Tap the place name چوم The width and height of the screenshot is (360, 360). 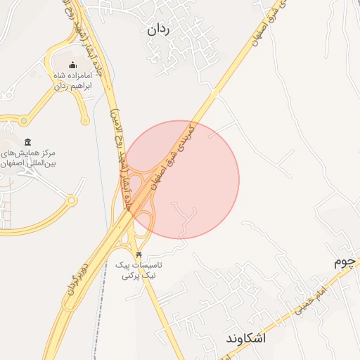tap(346, 262)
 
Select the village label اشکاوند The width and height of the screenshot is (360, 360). tap(246, 338)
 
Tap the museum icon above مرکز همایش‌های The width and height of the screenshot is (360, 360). tap(28, 142)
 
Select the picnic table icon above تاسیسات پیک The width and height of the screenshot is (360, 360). tap(139, 254)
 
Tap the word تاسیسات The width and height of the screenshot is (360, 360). tap(148, 266)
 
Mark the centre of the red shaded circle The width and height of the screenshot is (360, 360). tap(181, 179)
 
